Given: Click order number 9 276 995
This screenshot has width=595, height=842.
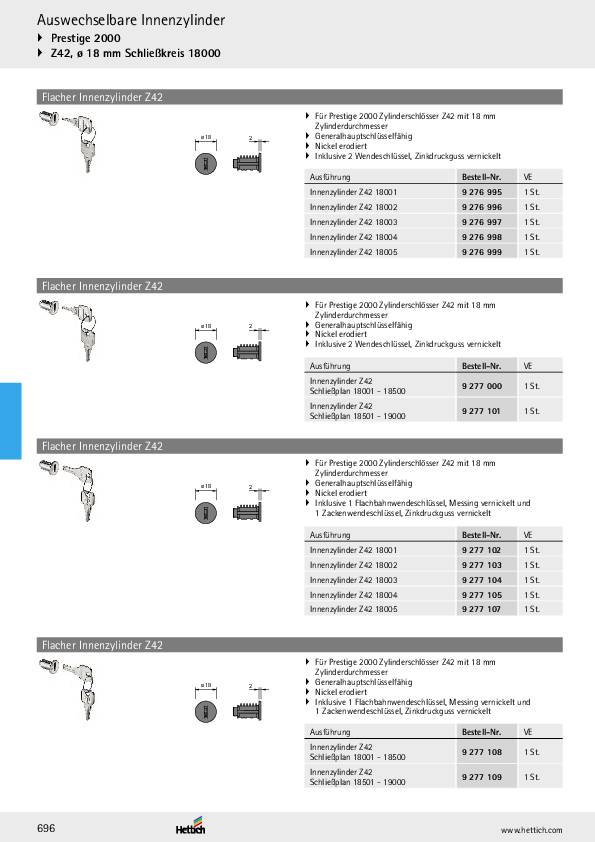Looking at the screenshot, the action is point(481,191).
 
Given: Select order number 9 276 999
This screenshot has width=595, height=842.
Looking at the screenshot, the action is point(481,252).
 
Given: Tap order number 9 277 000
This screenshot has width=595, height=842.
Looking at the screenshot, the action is point(481,385).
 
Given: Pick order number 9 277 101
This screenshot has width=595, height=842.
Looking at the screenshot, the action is point(481,410).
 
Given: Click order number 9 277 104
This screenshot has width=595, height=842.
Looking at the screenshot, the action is point(481,580).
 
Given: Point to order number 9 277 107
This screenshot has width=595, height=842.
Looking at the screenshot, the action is point(481,609).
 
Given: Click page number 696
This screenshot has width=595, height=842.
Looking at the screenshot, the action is point(46,829).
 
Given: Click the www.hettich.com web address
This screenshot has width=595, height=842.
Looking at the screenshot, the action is point(531,830).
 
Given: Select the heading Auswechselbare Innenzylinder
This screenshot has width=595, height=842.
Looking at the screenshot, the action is point(131,20).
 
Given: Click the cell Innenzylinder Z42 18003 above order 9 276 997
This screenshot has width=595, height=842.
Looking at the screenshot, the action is point(353,222).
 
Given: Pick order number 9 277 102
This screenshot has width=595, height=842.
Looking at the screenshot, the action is point(481,550).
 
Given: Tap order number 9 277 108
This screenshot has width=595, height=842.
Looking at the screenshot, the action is point(481,751).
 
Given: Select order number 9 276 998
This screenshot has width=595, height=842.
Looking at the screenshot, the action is point(481,237).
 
